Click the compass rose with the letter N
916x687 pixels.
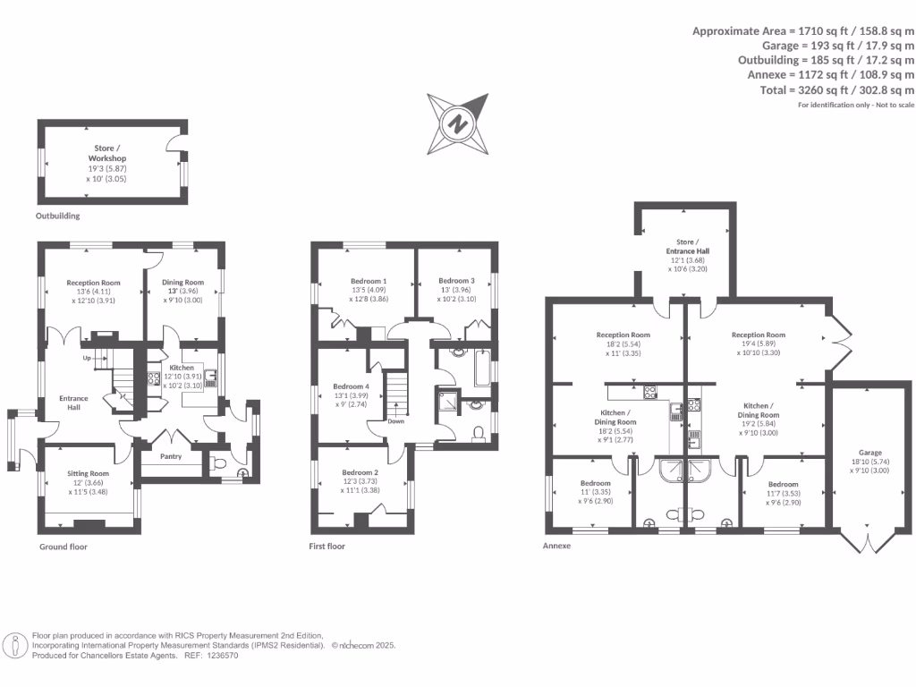459,123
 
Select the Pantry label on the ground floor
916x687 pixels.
170,456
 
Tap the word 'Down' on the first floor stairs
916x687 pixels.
395,420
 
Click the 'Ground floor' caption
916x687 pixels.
64,546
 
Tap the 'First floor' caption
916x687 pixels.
327,546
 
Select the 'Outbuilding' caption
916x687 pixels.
58,216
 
